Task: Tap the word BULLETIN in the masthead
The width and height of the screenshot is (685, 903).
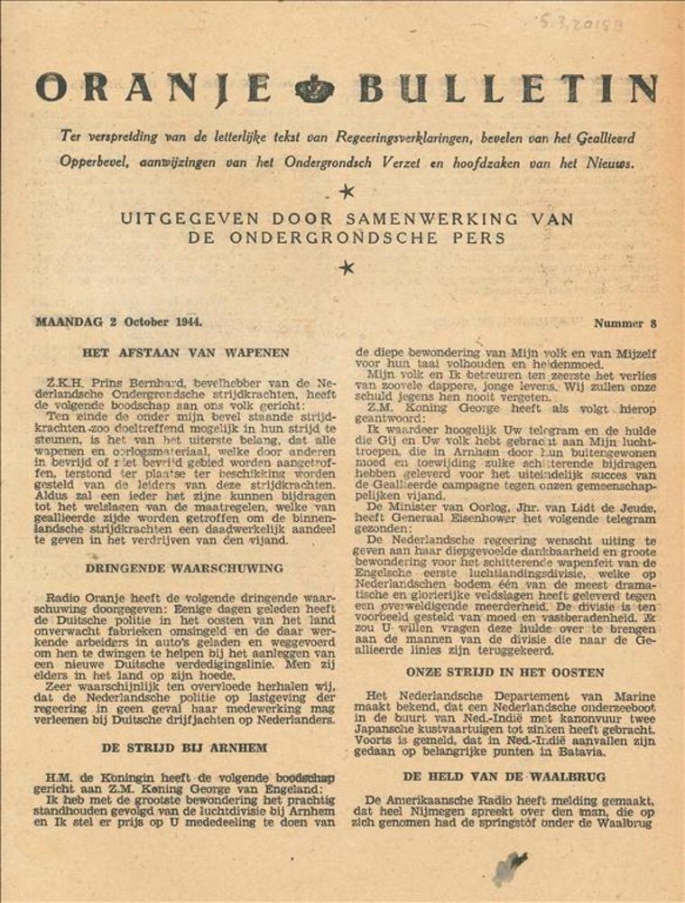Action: [508, 88]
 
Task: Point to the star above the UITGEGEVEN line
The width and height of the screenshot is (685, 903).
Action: [344, 191]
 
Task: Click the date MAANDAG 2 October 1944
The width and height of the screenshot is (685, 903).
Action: [119, 322]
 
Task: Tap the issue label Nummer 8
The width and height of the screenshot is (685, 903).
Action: [625, 322]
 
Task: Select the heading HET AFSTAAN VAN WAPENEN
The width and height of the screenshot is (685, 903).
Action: [185, 353]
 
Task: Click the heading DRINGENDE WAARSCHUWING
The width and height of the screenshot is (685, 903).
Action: [184, 568]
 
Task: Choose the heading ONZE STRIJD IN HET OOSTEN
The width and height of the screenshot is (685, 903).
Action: [504, 673]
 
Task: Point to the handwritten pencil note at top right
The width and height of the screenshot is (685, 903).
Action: [583, 23]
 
